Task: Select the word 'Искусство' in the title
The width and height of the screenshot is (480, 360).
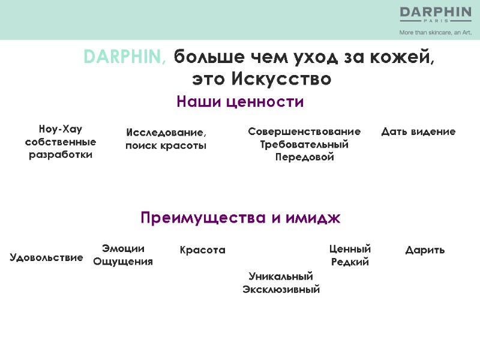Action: pyautogui.click(x=281, y=79)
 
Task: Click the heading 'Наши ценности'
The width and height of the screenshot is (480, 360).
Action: pyautogui.click(x=240, y=102)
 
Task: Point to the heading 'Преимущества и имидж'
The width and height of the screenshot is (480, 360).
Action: pyautogui.click(x=240, y=218)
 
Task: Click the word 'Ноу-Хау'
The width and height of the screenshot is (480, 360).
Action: pyautogui.click(x=60, y=129)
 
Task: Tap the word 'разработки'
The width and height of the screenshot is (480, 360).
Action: pyautogui.click(x=60, y=155)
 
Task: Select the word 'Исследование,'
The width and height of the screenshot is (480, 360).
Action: pyautogui.click(x=166, y=133)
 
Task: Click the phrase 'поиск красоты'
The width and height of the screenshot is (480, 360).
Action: pyautogui.click(x=166, y=146)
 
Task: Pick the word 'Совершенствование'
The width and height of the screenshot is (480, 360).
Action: pyautogui.click(x=304, y=131)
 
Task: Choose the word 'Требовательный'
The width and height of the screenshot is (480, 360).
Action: pyautogui.click(x=304, y=144)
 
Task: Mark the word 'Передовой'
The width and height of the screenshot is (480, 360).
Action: pyautogui.click(x=304, y=157)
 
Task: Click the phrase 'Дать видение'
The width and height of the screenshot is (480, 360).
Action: pyautogui.click(x=418, y=131)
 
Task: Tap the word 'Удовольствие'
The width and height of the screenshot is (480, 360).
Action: pyautogui.click(x=46, y=257)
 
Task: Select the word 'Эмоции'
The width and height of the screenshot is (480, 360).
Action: pyautogui.click(x=124, y=248)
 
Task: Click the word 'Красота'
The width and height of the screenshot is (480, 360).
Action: pyautogui.click(x=203, y=250)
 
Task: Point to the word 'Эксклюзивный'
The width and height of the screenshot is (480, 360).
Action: pyautogui.click(x=281, y=290)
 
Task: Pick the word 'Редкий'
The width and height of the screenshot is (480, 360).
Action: pyautogui.click(x=350, y=262)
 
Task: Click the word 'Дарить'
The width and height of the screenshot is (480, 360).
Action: pyautogui.click(x=425, y=250)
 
